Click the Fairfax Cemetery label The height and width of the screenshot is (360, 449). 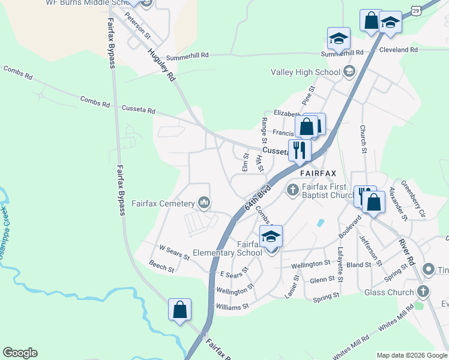pos(163,203)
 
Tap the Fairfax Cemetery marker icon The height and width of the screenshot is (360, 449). pos(205,203)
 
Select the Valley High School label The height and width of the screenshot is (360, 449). pos(306,73)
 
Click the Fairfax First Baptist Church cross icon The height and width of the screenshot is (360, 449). pos(293,190)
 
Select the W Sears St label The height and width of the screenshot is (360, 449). pos(174,252)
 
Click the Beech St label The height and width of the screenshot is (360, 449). pos(161,266)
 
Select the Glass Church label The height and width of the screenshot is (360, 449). pos(388,292)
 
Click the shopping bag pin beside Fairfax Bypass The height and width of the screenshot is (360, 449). pos(179,310)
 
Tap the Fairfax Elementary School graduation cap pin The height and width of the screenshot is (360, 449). pos(271,237)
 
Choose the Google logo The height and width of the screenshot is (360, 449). pos(20,353)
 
